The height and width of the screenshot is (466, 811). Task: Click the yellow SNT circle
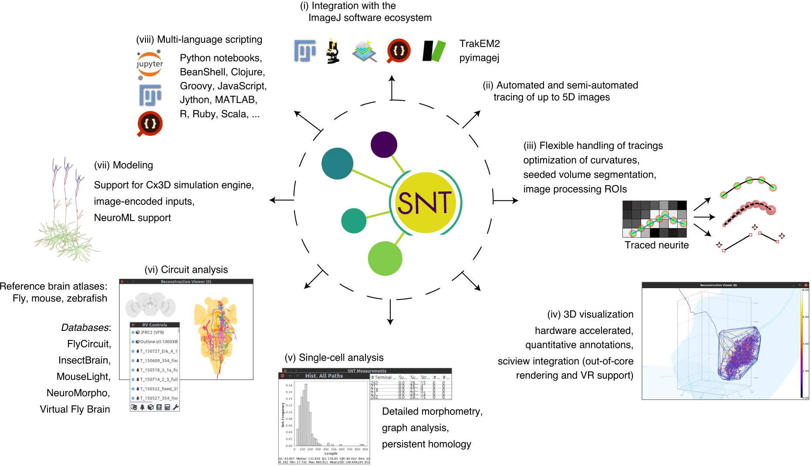coord(425,202)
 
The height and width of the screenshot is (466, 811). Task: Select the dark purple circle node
coord(384,145)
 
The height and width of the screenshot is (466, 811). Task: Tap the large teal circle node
coord(337,163)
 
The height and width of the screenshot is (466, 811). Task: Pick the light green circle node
coord(385,259)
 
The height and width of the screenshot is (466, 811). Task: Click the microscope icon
coord(333,51)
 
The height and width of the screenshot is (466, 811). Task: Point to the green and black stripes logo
coord(434,51)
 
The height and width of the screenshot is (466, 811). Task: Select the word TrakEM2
coord(480,44)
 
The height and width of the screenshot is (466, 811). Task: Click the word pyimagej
coord(479,58)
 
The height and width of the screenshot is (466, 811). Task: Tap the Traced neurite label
coord(656,245)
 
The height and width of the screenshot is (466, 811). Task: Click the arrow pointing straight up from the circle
coord(392,87)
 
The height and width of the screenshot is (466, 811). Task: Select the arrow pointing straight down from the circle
coord(390,312)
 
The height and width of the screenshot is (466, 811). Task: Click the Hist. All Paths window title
coord(324,376)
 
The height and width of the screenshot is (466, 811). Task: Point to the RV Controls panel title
coord(155,325)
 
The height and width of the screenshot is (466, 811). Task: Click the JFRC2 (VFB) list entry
coord(152,332)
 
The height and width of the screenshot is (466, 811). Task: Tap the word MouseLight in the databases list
coord(83,377)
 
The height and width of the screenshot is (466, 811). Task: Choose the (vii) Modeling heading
coord(124,165)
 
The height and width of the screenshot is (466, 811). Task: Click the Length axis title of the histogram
coord(331,453)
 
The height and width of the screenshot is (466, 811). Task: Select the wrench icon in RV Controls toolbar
coord(176,407)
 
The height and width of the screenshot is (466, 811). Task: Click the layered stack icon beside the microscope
coord(364,51)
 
